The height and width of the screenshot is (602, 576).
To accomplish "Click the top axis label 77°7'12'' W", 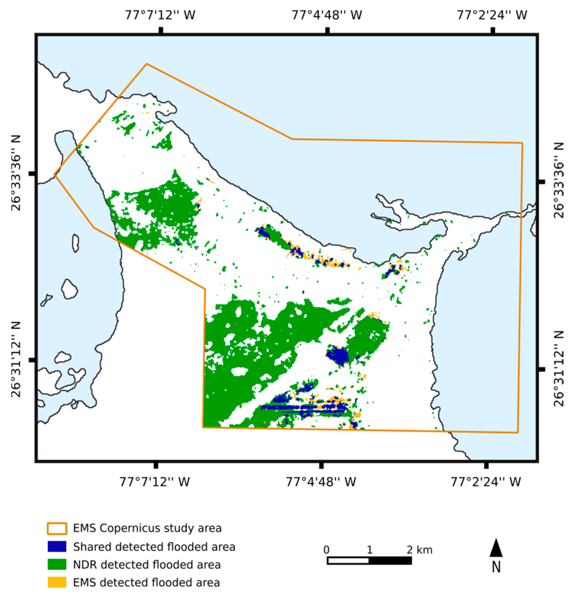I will pyautogui.click(x=160, y=15).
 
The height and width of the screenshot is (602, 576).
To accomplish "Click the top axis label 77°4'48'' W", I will pyautogui.click(x=326, y=15).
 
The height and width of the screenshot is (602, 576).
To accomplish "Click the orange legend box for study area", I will pyautogui.click(x=57, y=528).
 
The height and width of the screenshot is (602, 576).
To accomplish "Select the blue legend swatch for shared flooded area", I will pyautogui.click(x=57, y=546).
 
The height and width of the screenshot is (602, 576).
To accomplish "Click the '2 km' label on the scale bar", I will pyautogui.click(x=419, y=550).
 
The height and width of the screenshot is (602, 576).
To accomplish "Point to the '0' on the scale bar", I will pyautogui.click(x=326, y=550).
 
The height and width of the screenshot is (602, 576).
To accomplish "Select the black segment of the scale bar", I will pyautogui.click(x=390, y=561).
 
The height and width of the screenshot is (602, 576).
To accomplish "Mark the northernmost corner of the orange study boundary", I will pyautogui.click(x=147, y=64).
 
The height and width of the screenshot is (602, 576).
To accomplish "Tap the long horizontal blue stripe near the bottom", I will pyautogui.click(x=304, y=407).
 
